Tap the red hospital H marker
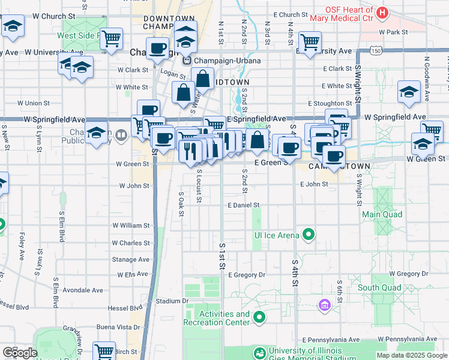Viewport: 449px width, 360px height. pyautogui.click(x=382, y=11)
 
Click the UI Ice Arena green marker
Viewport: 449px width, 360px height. pyautogui.click(x=309, y=234)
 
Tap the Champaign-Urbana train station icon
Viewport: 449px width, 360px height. pyautogui.click(x=187, y=60)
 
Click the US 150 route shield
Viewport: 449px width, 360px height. pyautogui.click(x=376, y=51)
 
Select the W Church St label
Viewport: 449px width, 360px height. pyautogui.click(x=54, y=15)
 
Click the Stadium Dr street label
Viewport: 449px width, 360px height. pyautogui.click(x=172, y=301)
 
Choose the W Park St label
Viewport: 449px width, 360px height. pyautogui.click(x=393, y=32)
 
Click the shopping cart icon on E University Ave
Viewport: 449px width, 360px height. pyautogui.click(x=310, y=42)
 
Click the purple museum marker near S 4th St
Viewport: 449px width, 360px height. pyautogui.click(x=325, y=306)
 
